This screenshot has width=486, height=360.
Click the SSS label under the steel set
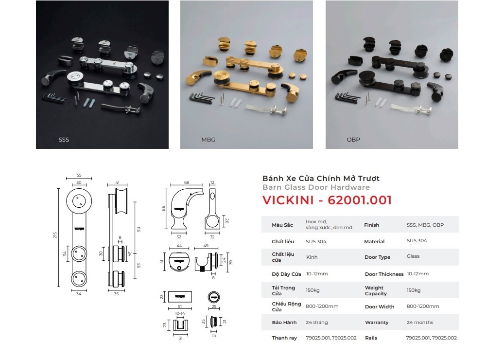pyautogui.click(x=64, y=140)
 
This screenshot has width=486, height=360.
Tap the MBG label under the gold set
pyautogui.click(x=208, y=140)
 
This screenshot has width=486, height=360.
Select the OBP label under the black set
pyautogui.click(x=353, y=140)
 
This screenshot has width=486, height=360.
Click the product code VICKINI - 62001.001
pyautogui.click(x=327, y=200)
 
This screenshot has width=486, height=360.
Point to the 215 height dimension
pyautogui.click(x=55, y=235)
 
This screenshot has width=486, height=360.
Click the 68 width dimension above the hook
pyautogui.click(x=187, y=182)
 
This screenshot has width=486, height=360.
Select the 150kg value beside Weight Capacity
pyautogui.click(x=414, y=290)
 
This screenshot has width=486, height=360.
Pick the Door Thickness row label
pyautogui.click(x=384, y=274)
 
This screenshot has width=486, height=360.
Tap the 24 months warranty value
pyautogui.click(x=420, y=323)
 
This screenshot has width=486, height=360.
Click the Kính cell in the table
pyautogui.click(x=312, y=257)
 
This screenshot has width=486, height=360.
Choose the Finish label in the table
pyautogui.click(x=371, y=225)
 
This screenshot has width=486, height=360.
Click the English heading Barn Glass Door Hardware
pyautogui.click(x=316, y=187)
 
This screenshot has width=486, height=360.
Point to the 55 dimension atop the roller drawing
pyautogui.click(x=79, y=175)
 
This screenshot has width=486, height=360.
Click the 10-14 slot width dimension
pyautogui.click(x=180, y=313)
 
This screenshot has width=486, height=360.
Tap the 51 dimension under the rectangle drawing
pyautogui.click(x=180, y=306)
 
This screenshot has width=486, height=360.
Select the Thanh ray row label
pyautogui.click(x=284, y=338)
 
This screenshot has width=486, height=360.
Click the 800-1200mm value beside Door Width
pyautogui.click(x=423, y=306)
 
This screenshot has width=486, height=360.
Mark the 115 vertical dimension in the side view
pyautogui.click(x=139, y=229)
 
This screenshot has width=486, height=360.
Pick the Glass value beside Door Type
pyautogui.click(x=413, y=256)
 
